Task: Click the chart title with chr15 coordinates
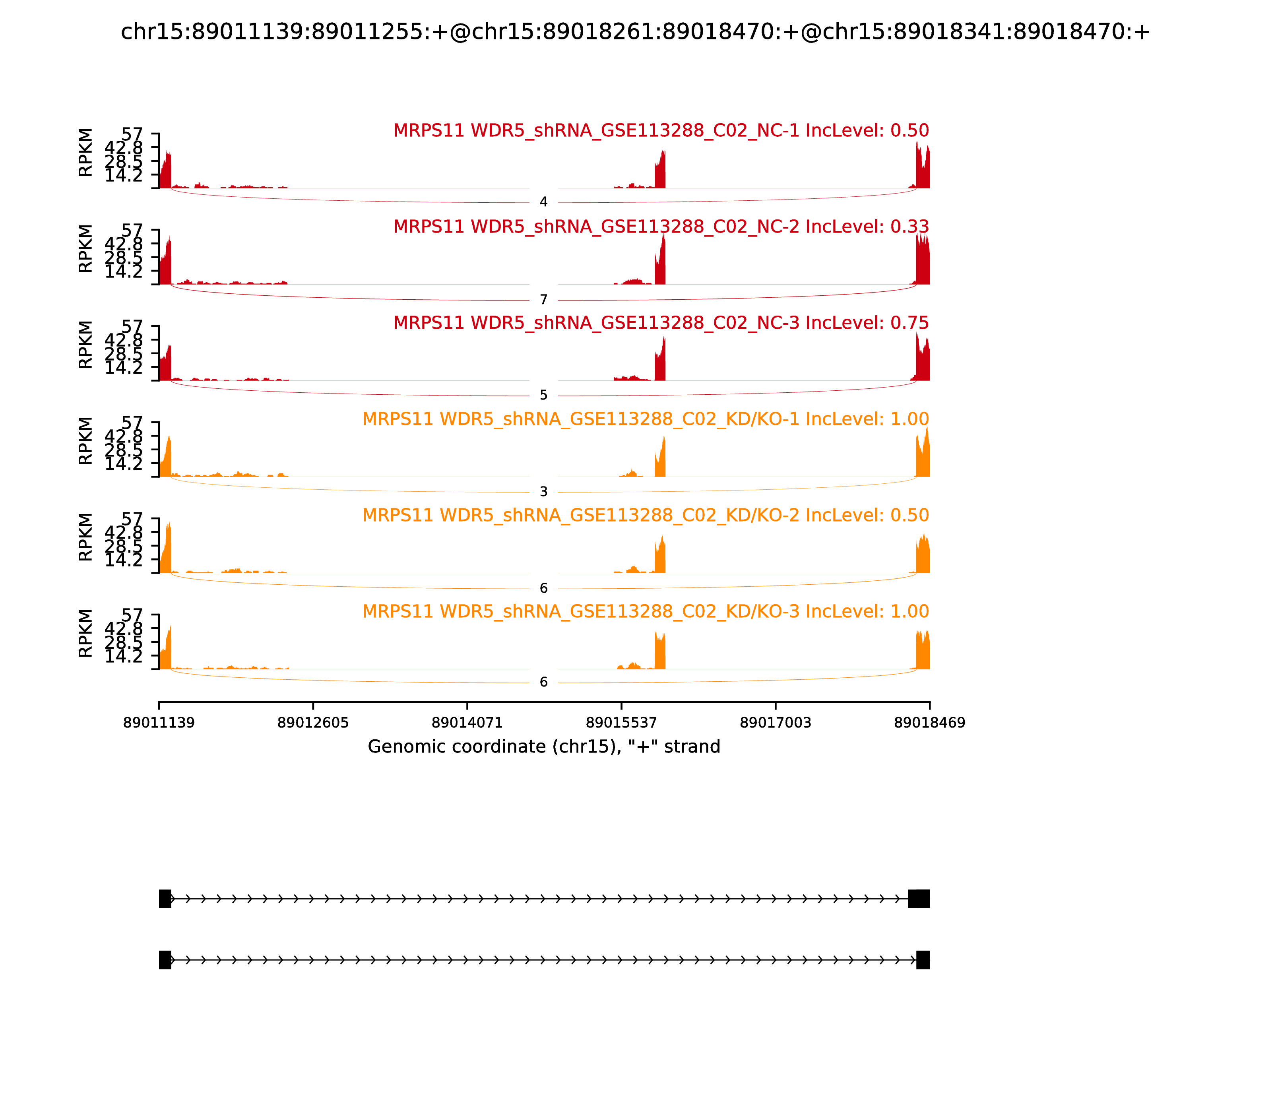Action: pyautogui.click(x=635, y=32)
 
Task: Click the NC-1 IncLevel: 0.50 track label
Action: pyautogui.click(x=661, y=131)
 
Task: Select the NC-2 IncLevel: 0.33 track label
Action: pyautogui.click(x=661, y=227)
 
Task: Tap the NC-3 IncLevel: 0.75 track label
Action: pyautogui.click(x=661, y=324)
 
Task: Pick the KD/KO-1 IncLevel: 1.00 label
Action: pyautogui.click(x=645, y=419)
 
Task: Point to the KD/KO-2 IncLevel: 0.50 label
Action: pyautogui.click(x=645, y=516)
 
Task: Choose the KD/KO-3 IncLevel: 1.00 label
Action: pyautogui.click(x=645, y=612)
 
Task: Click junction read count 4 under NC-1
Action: pyautogui.click(x=543, y=202)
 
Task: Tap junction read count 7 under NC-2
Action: pyautogui.click(x=543, y=301)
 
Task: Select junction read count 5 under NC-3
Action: pyautogui.click(x=543, y=396)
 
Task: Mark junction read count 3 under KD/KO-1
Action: pyautogui.click(x=543, y=493)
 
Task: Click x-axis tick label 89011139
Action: pyautogui.click(x=159, y=723)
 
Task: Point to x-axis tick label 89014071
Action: pyautogui.click(x=467, y=723)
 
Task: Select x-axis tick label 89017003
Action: pyautogui.click(x=775, y=723)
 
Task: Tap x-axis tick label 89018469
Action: pyautogui.click(x=929, y=723)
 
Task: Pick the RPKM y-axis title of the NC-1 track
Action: pyautogui.click(x=86, y=153)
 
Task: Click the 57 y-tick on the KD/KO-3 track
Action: pyautogui.click(x=132, y=615)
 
